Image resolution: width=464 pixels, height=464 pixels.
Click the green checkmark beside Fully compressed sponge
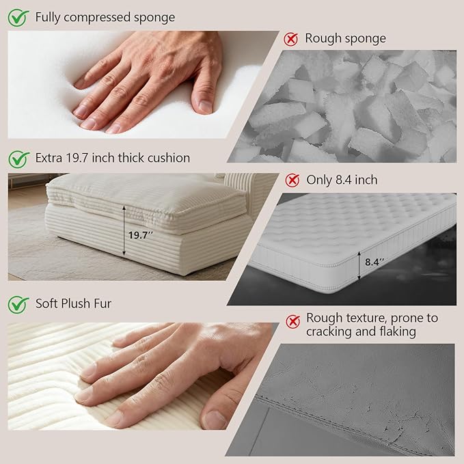click(x=18, y=18)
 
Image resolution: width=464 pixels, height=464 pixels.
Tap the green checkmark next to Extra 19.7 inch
click(x=18, y=159)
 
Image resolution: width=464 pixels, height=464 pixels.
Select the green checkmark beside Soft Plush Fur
click(x=18, y=305)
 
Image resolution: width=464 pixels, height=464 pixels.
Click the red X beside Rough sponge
click(x=291, y=39)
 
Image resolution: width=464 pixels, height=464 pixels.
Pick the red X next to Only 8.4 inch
click(x=292, y=180)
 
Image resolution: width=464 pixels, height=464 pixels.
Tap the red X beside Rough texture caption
click(x=293, y=321)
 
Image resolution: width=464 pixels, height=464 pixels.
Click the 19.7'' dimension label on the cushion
click(x=141, y=236)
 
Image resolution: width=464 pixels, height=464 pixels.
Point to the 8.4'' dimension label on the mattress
click(x=374, y=262)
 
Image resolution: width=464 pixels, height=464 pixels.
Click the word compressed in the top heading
click(x=97, y=18)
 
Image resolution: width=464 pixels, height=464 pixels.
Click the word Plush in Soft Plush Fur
click(x=78, y=303)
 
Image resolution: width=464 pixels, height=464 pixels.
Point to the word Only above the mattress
click(x=318, y=180)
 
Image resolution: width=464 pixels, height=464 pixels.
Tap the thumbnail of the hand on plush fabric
click(x=143, y=376)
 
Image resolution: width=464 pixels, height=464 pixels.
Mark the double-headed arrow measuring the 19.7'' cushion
click(x=124, y=231)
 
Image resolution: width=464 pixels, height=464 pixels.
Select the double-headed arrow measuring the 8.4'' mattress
click(x=359, y=265)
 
